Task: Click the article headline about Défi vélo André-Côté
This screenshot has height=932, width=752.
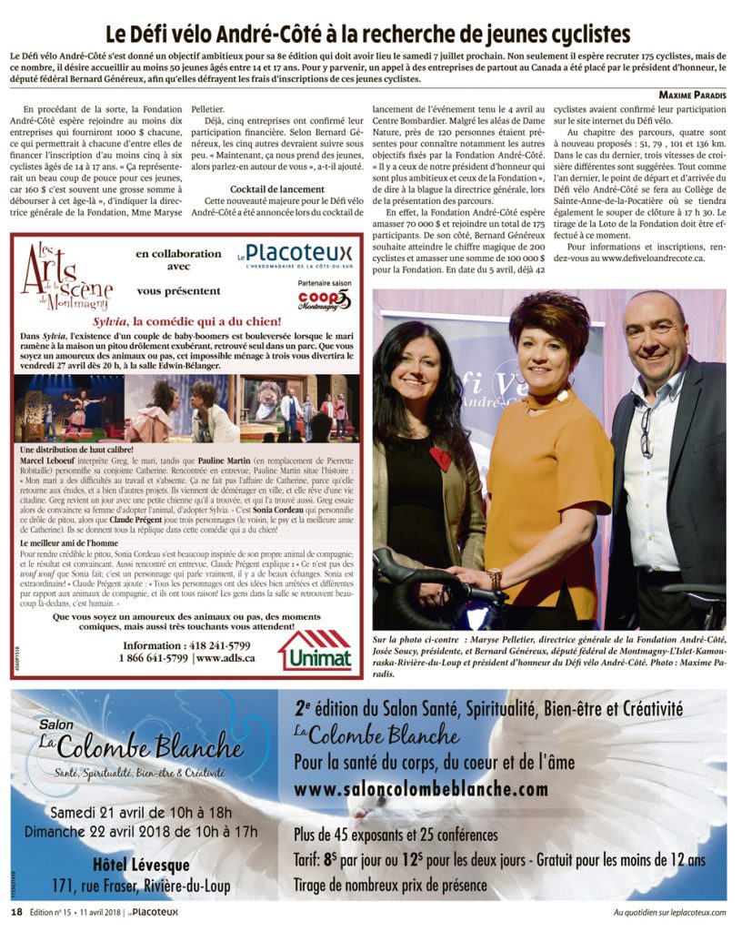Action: click(367, 34)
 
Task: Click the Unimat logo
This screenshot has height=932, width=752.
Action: click(315, 650)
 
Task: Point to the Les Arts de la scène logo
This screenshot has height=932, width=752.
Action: click(62, 277)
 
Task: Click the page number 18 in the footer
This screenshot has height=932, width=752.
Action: click(16, 912)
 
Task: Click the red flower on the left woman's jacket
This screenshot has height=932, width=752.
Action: click(440, 458)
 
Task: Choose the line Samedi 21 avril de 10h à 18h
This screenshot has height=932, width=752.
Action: click(141, 812)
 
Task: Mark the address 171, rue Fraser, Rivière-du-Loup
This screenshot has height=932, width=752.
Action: click(141, 886)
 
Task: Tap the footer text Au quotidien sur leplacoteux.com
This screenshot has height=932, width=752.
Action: click(669, 912)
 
